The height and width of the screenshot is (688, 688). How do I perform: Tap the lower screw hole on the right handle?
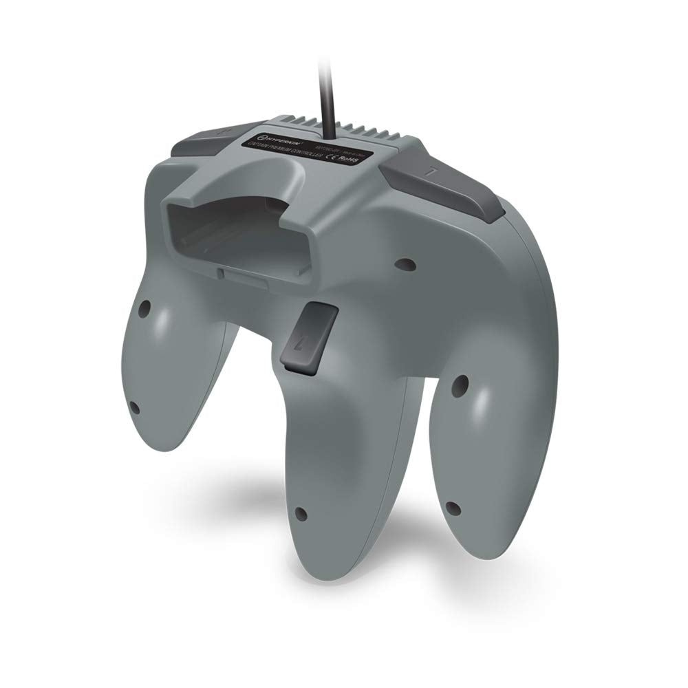point(452,508)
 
